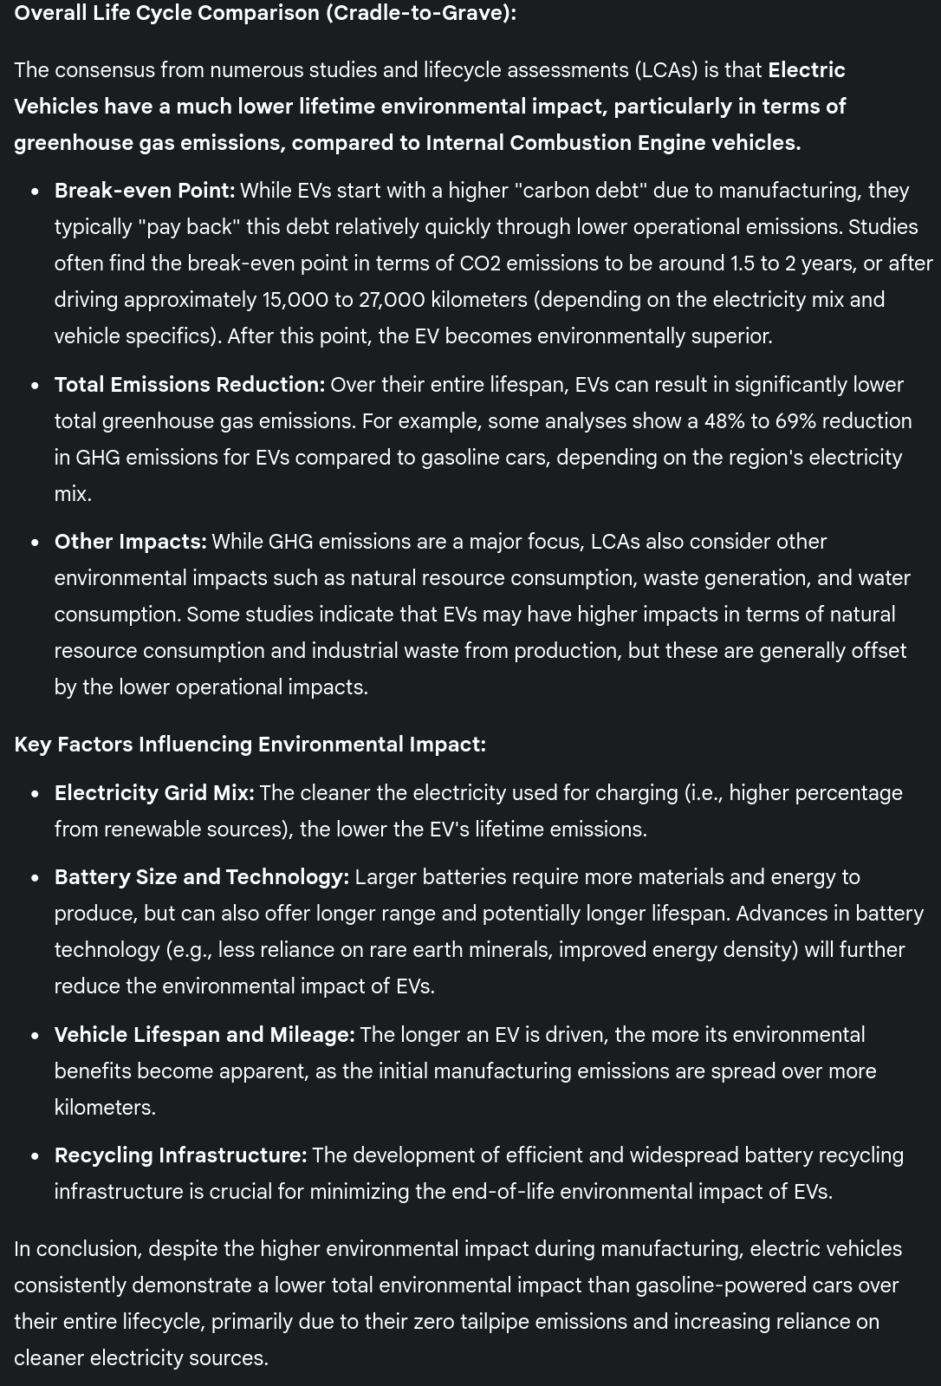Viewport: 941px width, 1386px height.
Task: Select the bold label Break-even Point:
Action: pyautogui.click(x=145, y=191)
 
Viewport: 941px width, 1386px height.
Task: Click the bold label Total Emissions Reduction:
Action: pyautogui.click(x=190, y=385)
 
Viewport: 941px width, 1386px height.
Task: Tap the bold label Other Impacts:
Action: pyautogui.click(x=131, y=542)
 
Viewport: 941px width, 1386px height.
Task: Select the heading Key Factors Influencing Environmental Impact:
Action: pyautogui.click(x=250, y=745)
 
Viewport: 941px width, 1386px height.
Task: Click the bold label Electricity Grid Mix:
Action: pyautogui.click(x=154, y=793)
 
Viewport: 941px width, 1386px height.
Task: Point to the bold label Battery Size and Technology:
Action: pyautogui.click(x=202, y=877)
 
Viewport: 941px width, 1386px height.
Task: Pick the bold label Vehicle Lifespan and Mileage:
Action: pyautogui.click(x=204, y=1035)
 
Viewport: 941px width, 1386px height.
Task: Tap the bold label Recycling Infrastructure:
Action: pyautogui.click(x=180, y=1155)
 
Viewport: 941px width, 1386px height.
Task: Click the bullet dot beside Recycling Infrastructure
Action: pyautogui.click(x=35, y=1156)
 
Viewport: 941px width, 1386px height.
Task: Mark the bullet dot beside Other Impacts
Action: pyautogui.click(x=35, y=543)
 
